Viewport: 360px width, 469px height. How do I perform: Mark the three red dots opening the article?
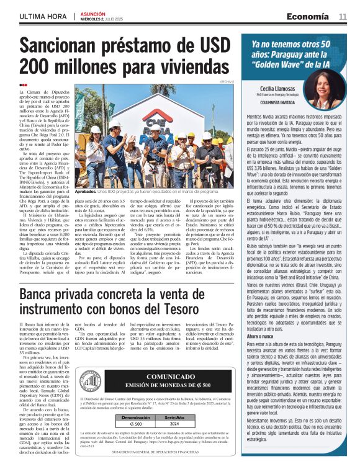pos(23,85)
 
